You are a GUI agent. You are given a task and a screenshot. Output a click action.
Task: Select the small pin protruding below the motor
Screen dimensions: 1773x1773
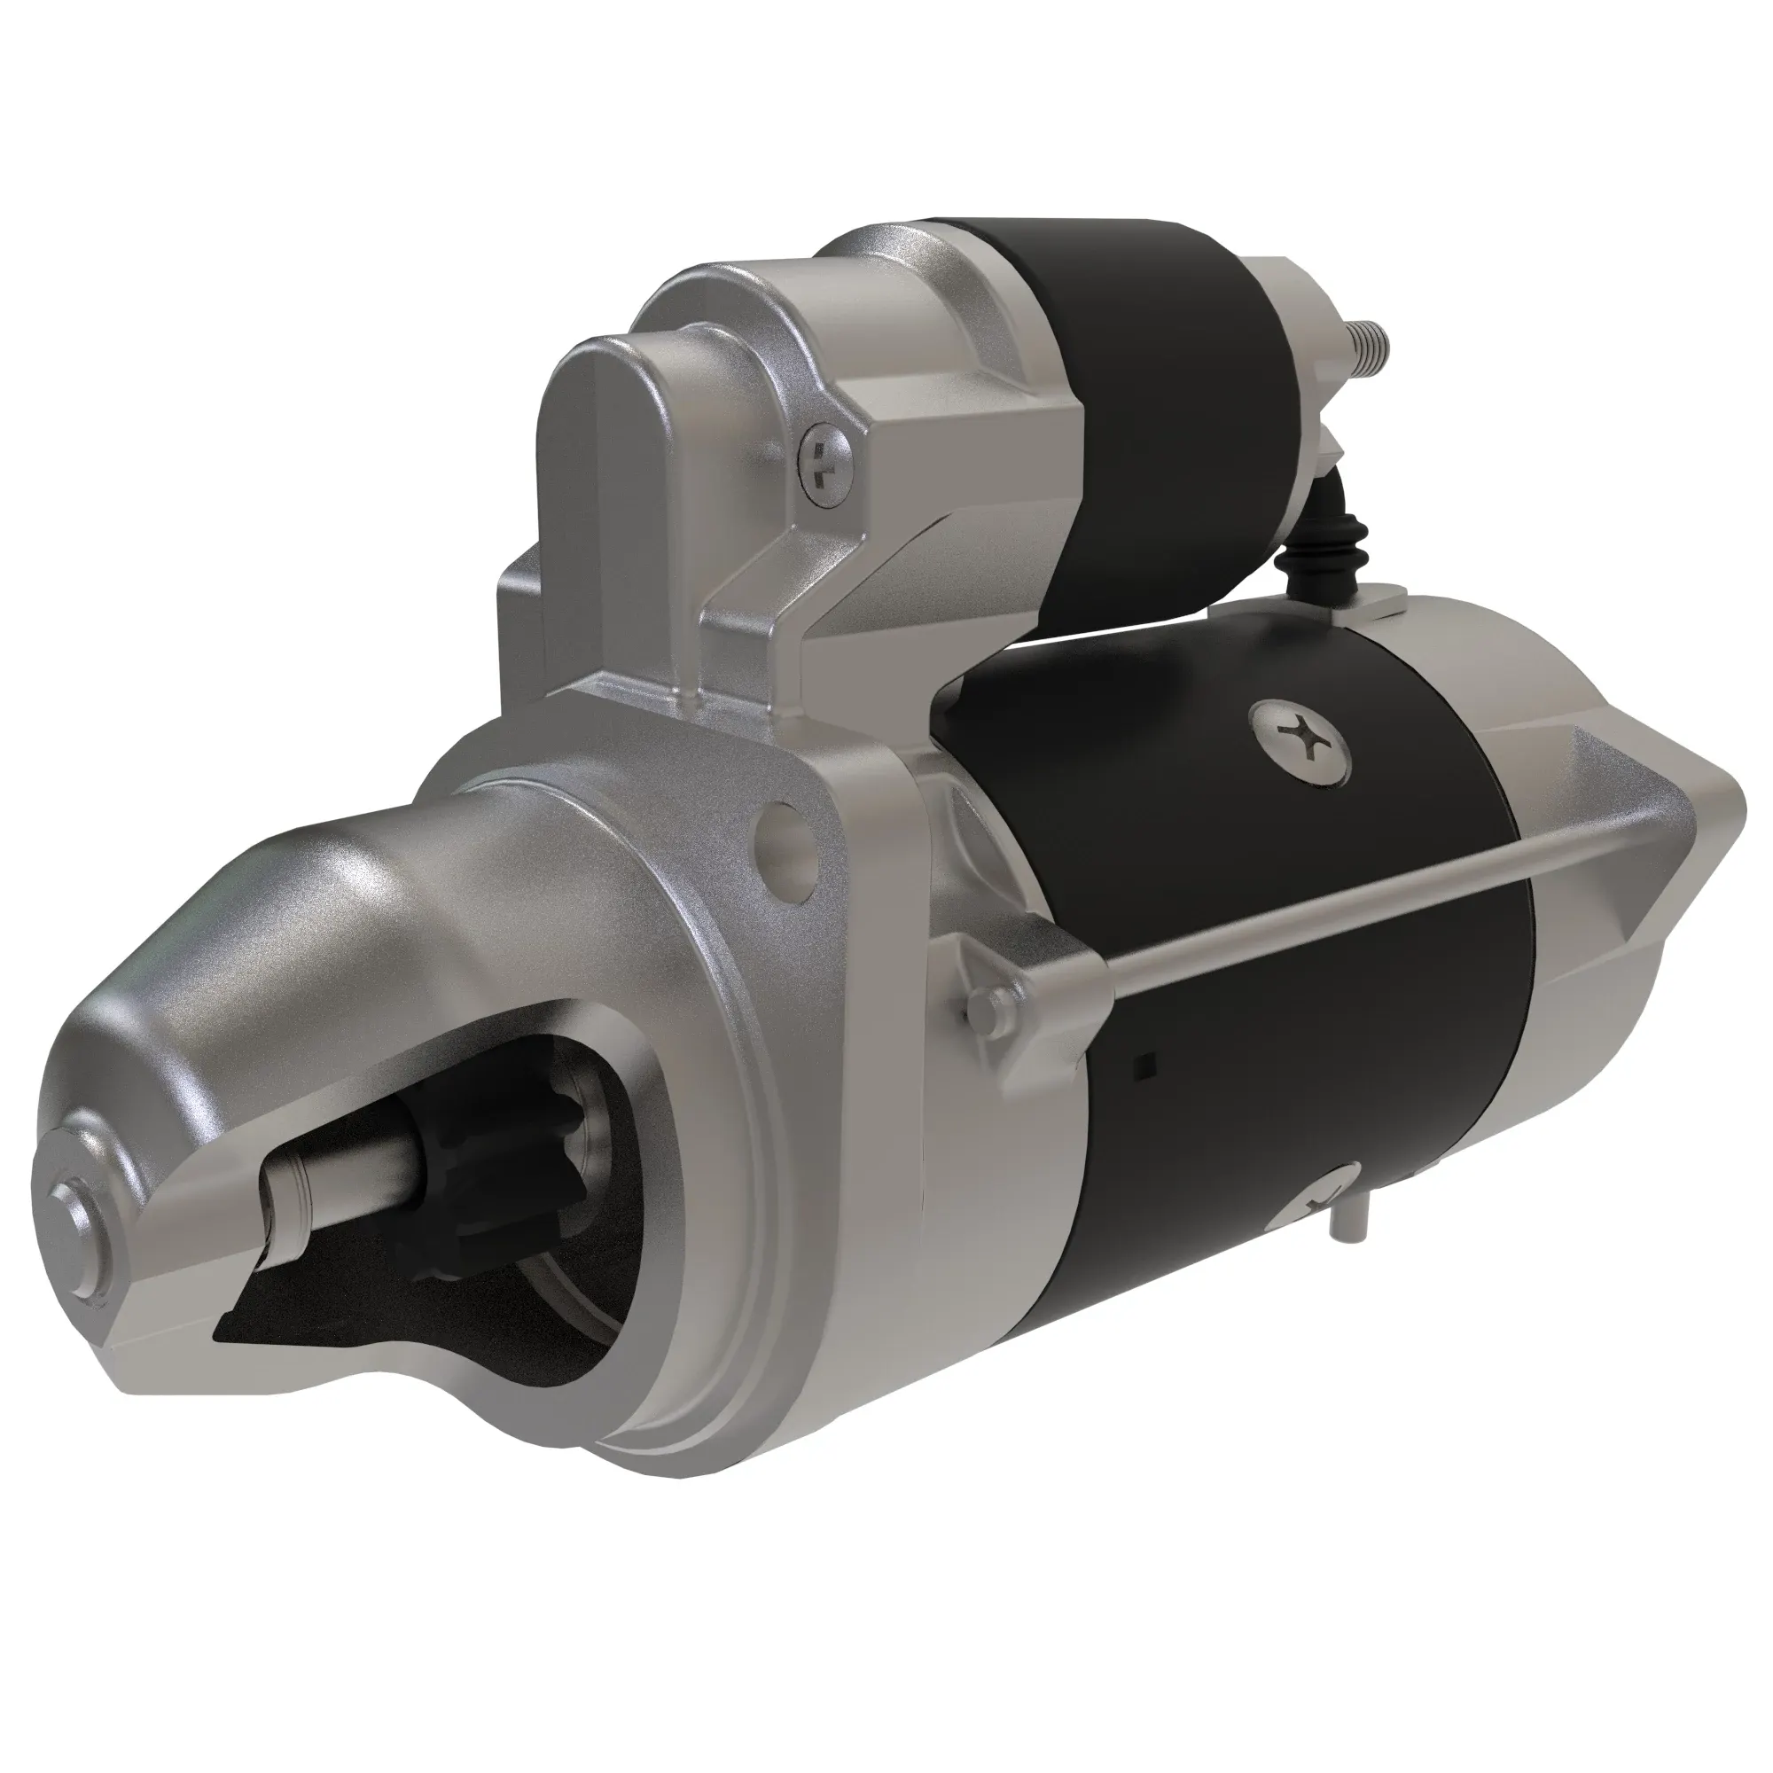tap(1348, 1221)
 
